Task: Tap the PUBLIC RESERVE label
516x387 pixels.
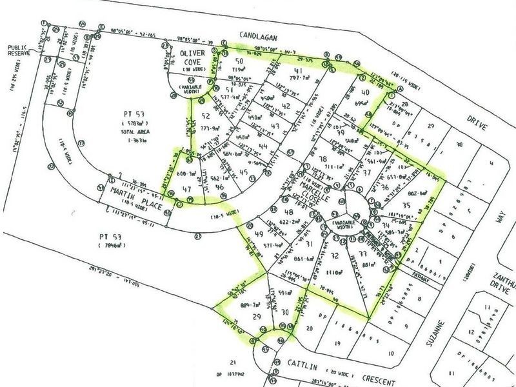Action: tap(21, 51)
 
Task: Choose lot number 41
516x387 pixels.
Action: tap(298, 71)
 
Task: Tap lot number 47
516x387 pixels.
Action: tap(188, 190)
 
